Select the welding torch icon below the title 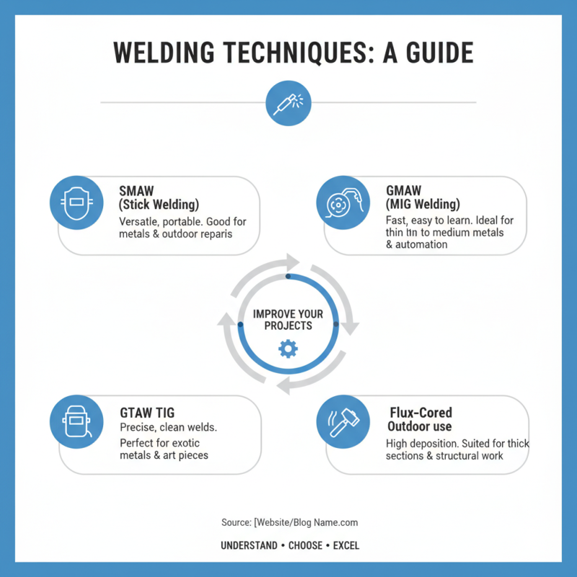tap(288, 102)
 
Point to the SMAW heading tap(134, 191)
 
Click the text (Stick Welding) tap(159, 205)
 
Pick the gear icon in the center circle tap(288, 349)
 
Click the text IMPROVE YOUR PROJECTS tap(288, 320)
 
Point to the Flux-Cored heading tap(420, 413)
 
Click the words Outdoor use tap(419, 427)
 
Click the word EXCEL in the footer tap(346, 546)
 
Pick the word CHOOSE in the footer tap(305, 546)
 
